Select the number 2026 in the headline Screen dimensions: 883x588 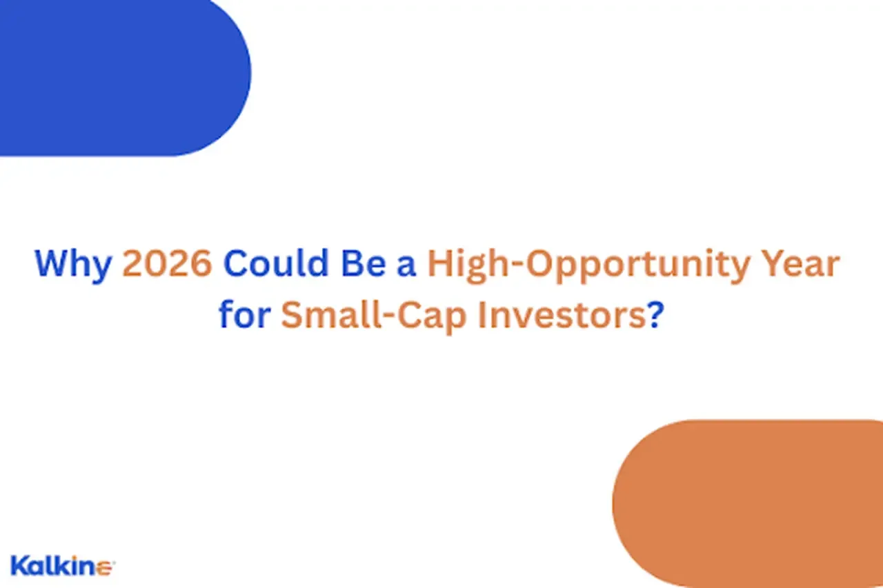click(x=168, y=263)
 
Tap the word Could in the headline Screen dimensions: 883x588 click(x=276, y=263)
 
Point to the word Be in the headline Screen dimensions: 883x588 click(x=364, y=263)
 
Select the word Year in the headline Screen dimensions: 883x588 click(x=801, y=263)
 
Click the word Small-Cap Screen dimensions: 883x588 click(x=374, y=317)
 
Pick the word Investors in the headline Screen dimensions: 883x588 click(x=562, y=314)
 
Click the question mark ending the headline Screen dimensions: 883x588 click(x=656, y=314)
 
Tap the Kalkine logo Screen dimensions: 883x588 click(x=63, y=566)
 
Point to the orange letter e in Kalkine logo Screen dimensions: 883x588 click(x=104, y=569)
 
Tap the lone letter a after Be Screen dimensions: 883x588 click(x=406, y=267)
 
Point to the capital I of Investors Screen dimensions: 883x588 click(x=482, y=314)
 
